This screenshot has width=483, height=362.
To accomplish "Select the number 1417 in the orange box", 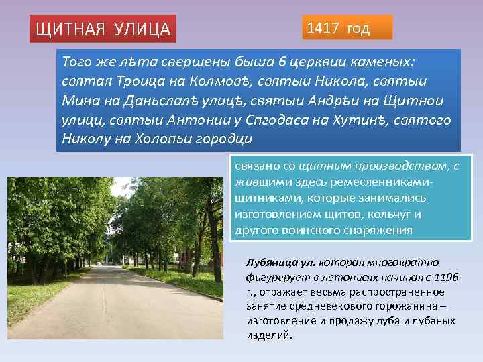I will point(323,28).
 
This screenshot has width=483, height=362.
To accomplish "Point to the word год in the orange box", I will point(357,28).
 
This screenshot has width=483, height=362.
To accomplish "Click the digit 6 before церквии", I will point(283,62).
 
